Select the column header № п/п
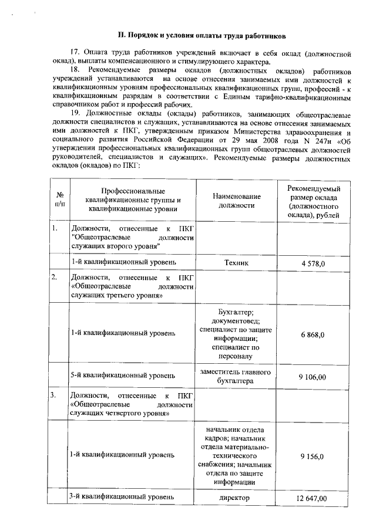click(59, 199)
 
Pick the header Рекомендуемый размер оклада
click(313, 199)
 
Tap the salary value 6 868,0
click(313, 334)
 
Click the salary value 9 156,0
click(313, 455)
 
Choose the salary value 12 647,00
click(313, 499)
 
